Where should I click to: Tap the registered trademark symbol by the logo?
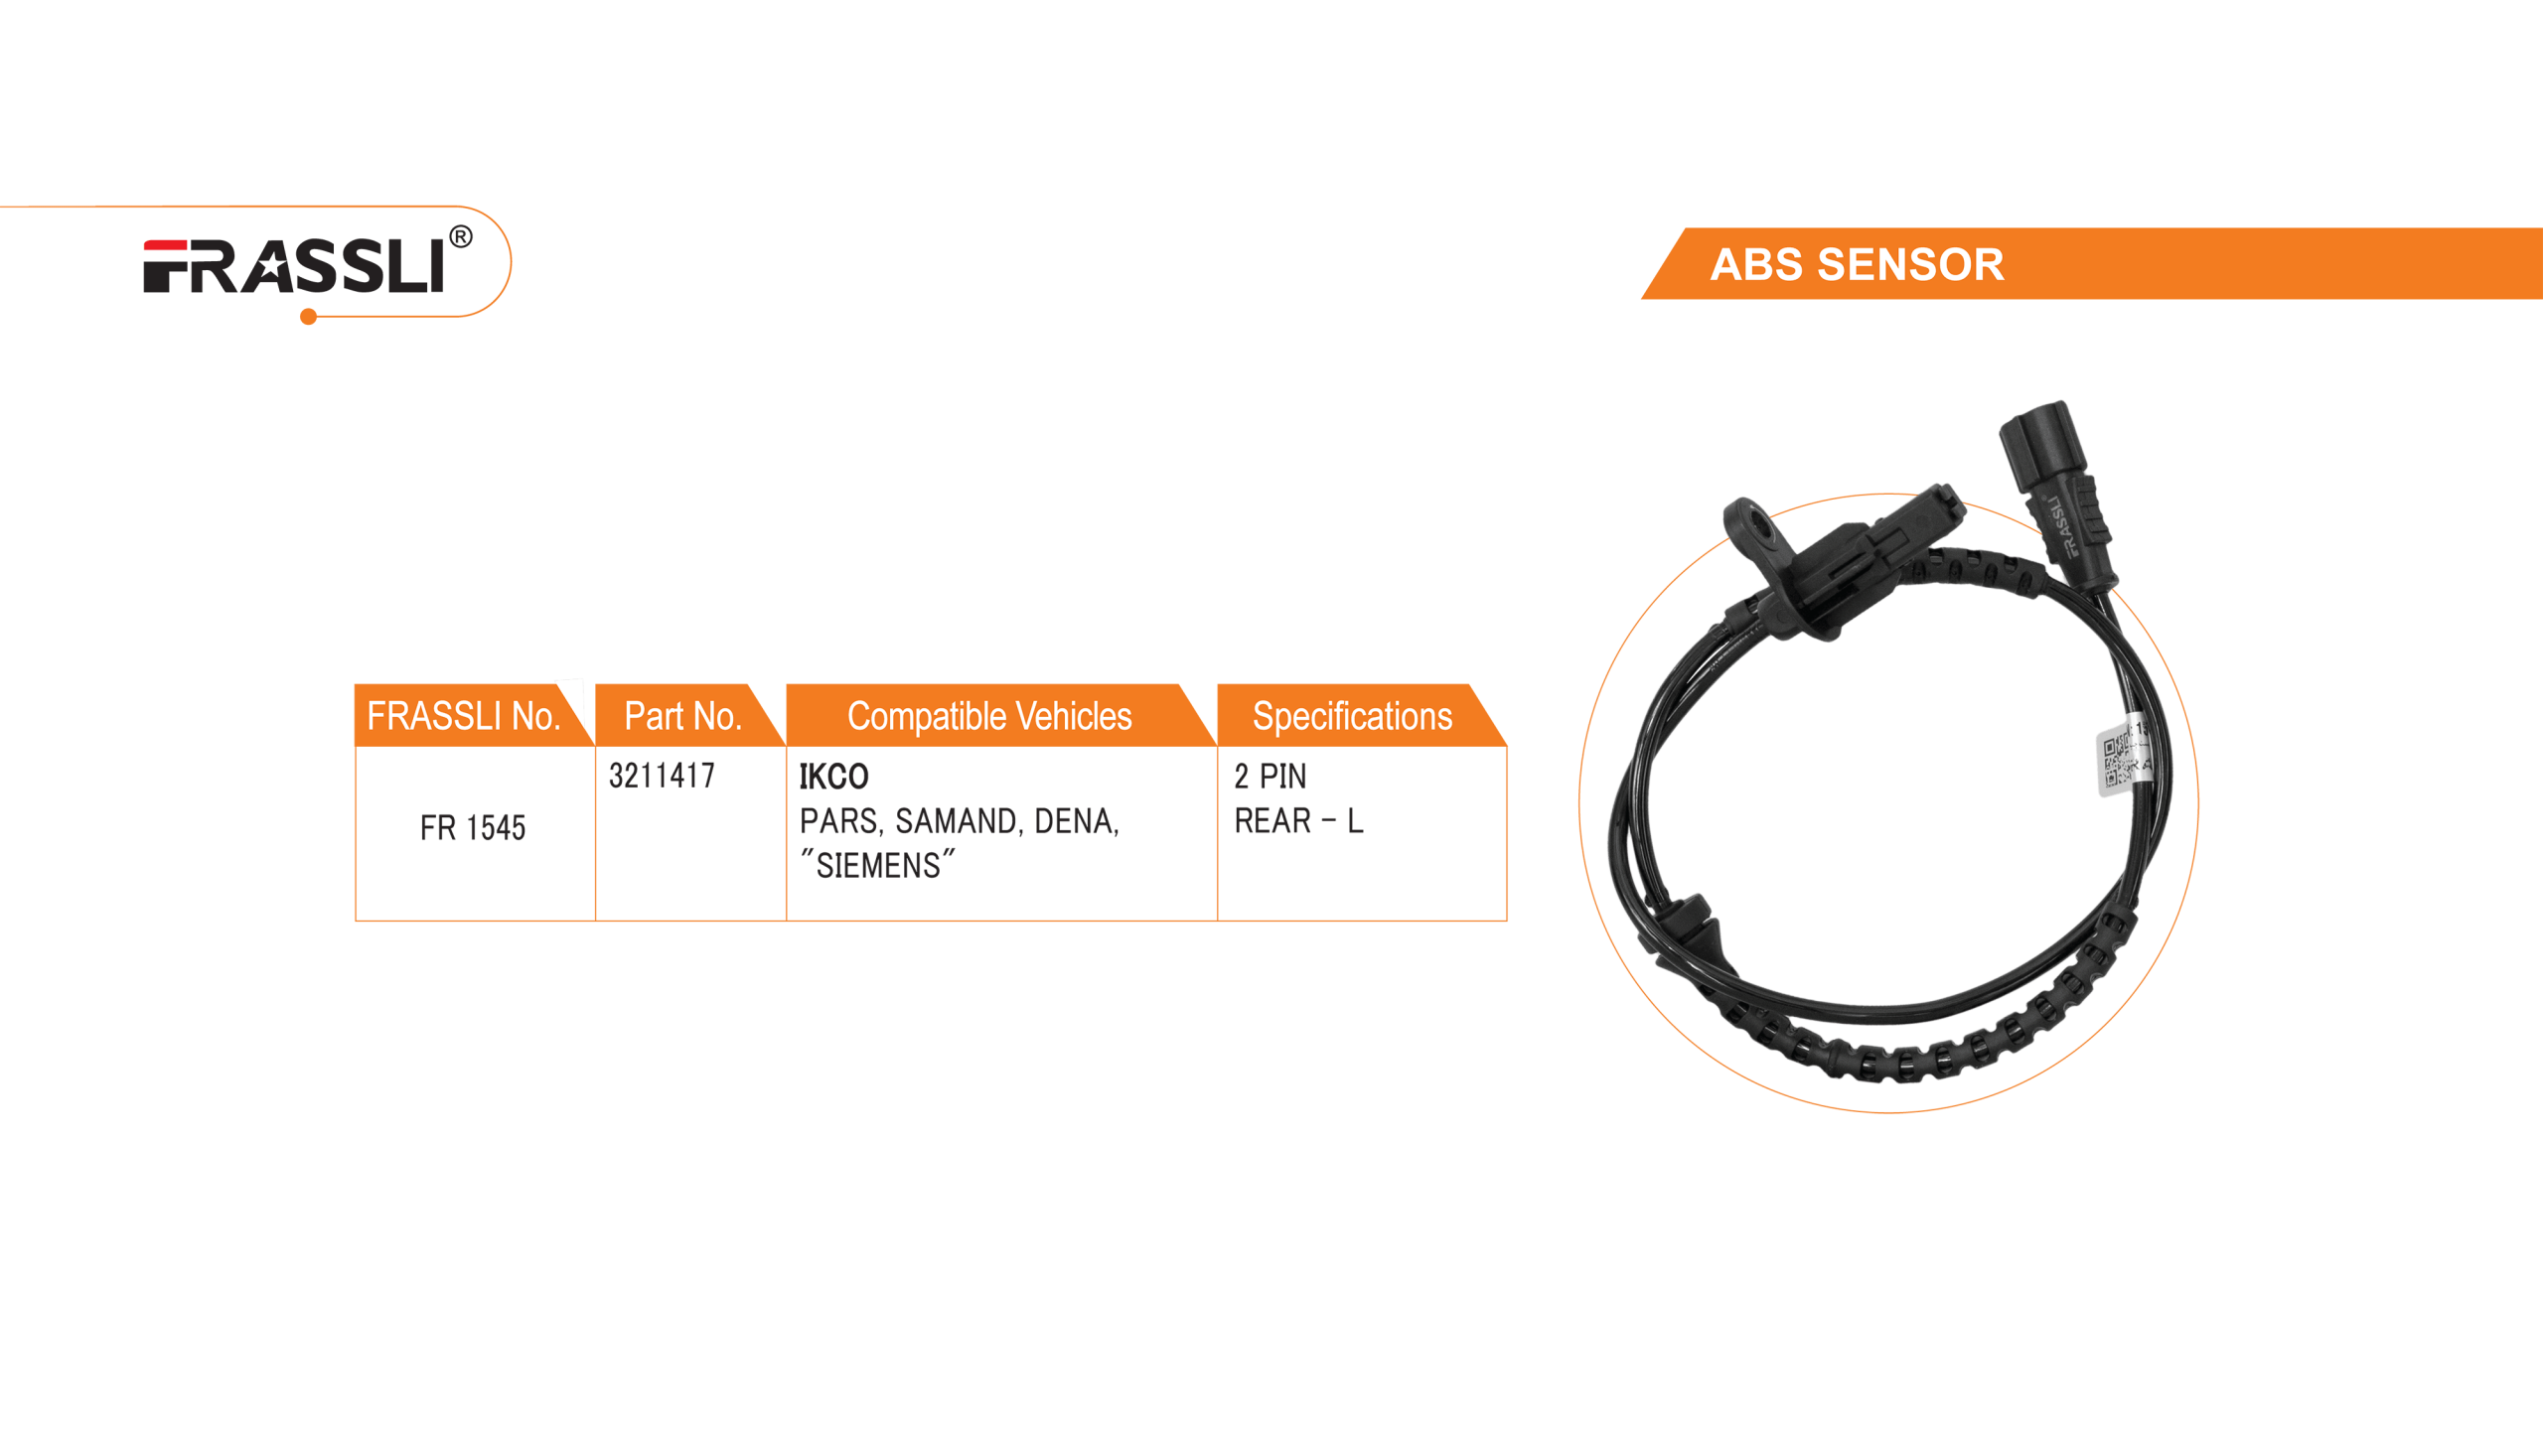pos(460,237)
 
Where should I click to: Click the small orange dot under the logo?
pos(309,318)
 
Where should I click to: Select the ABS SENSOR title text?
pos(1857,265)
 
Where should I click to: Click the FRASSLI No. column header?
pos(463,716)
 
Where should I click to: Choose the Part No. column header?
pos(682,716)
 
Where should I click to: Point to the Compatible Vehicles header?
pos(988,716)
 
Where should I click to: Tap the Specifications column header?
pos(1351,716)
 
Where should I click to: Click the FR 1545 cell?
pos(473,828)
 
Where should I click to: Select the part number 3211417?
pos(662,776)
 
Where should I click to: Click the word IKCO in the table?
pos(833,777)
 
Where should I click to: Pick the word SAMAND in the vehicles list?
pos(957,821)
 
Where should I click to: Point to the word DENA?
pos(1075,821)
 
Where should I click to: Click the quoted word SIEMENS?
pos(878,866)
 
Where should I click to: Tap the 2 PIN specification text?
pos(1271,777)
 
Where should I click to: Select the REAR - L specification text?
pos(1297,821)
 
